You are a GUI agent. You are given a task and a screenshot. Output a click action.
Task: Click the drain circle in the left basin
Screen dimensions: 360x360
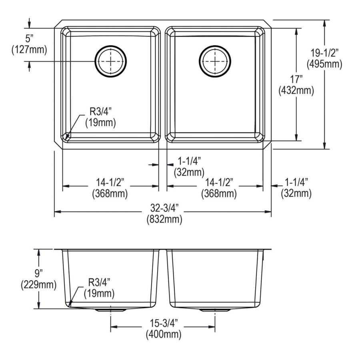[x=111, y=61]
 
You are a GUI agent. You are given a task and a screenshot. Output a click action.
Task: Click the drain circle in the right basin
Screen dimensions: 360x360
[x=215, y=61]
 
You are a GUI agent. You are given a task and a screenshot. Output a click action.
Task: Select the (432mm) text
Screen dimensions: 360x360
[x=296, y=91]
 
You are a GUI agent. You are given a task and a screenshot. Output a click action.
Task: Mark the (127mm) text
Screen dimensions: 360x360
[x=29, y=50]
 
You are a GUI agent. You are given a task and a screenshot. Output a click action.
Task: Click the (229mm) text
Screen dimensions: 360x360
[x=38, y=284]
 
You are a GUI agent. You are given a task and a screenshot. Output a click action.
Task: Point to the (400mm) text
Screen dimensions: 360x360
[x=163, y=334]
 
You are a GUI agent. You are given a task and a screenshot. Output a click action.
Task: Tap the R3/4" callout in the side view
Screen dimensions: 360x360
[x=99, y=283]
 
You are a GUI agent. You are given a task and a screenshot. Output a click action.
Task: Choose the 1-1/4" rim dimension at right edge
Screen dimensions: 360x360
[x=296, y=182]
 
